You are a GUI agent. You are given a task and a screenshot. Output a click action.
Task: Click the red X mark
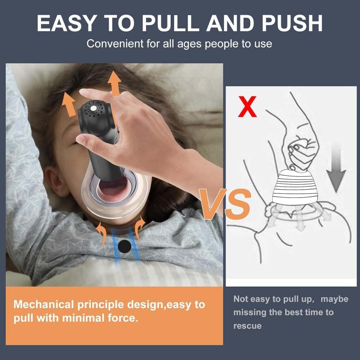(x=248, y=107)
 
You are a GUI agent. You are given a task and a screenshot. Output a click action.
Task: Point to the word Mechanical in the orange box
(x=44, y=305)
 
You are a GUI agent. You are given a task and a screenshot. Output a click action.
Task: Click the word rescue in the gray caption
(x=247, y=326)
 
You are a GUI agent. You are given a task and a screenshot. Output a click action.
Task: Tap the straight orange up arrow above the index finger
(x=115, y=83)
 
